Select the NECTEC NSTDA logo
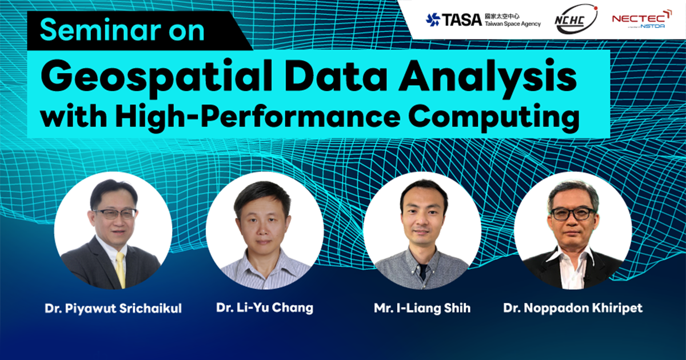(641, 19)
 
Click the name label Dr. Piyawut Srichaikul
(113, 309)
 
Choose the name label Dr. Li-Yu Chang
(265, 307)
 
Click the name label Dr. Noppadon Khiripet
(573, 308)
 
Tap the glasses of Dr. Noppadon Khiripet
(572, 213)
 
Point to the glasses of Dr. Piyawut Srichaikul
(115, 213)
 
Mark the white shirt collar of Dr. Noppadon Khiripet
(572, 260)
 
